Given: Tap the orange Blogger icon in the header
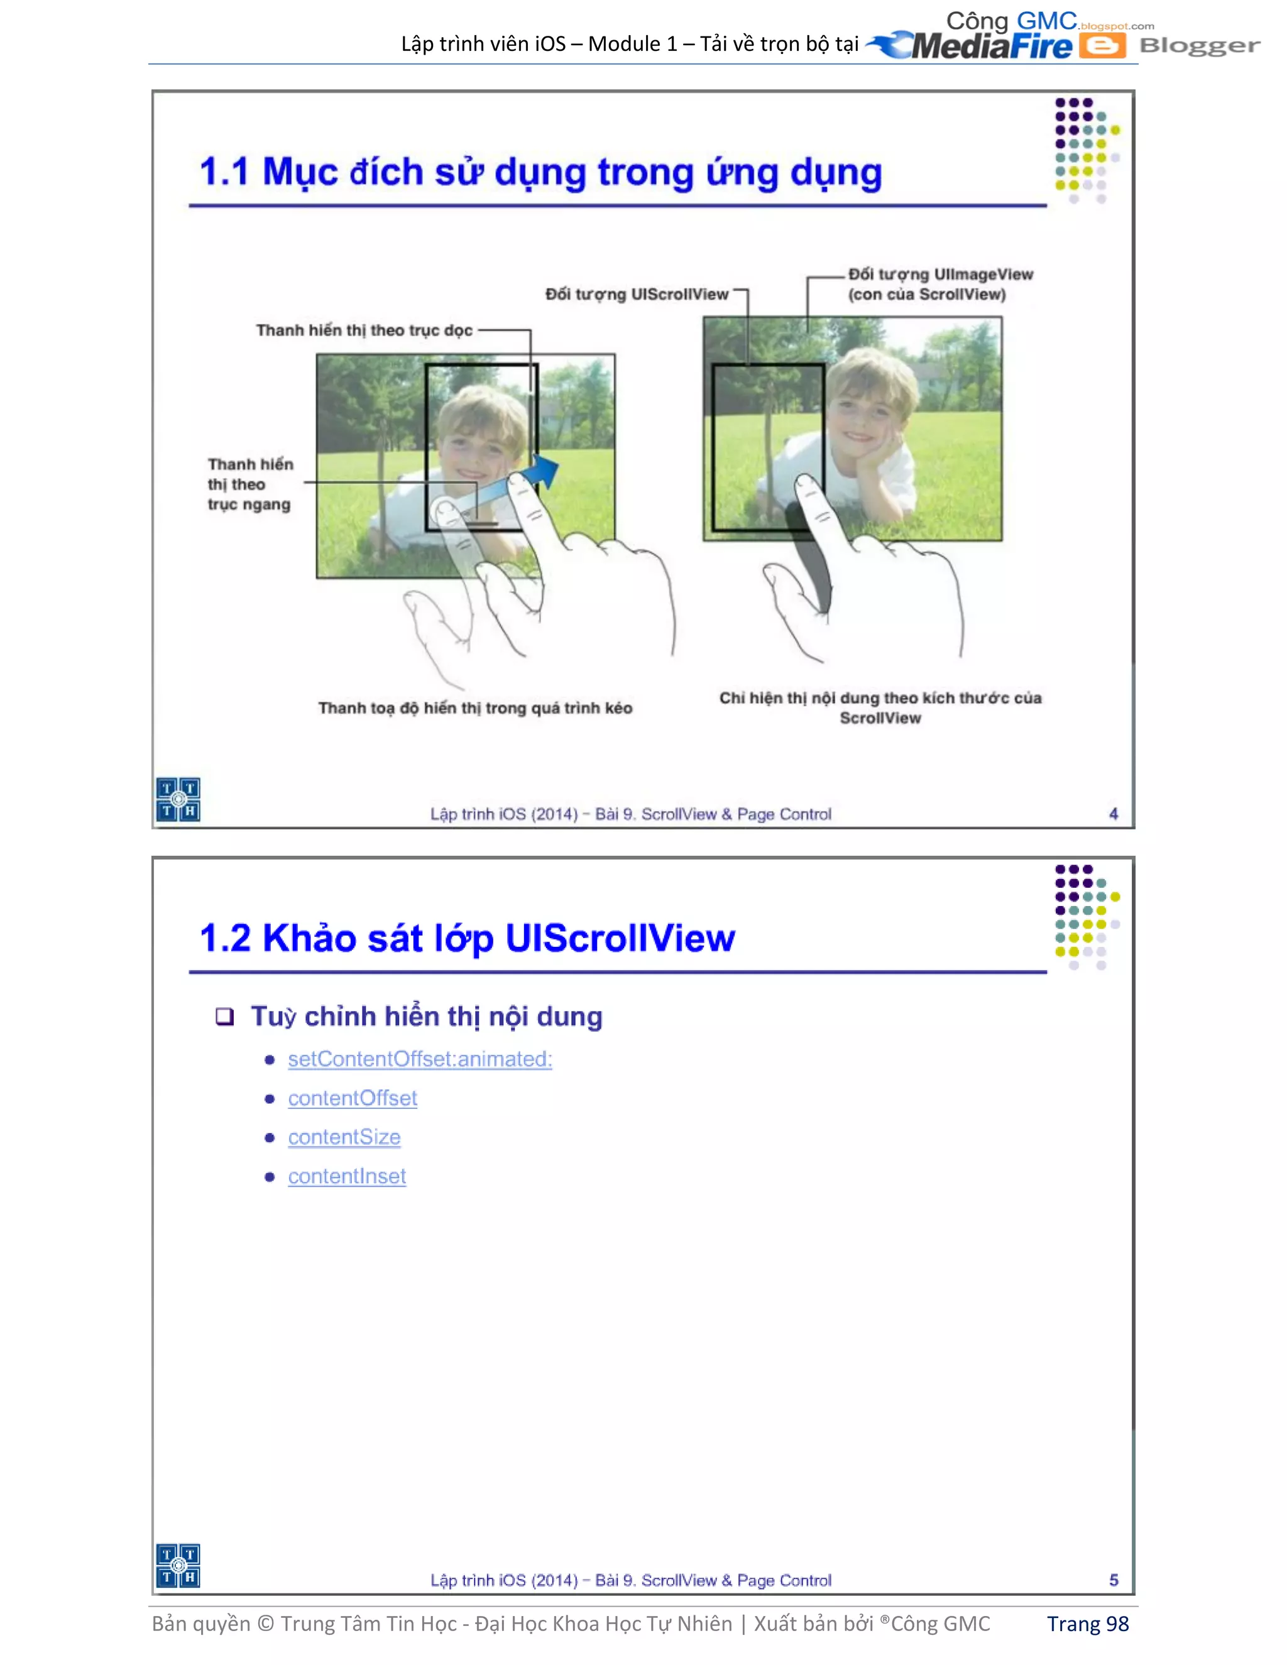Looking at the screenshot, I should [x=1102, y=46].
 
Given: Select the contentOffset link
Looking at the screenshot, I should [x=353, y=1098].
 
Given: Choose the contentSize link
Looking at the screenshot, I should [x=344, y=1137].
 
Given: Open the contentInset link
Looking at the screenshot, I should [x=347, y=1176].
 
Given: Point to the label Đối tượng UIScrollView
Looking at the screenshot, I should [x=637, y=294].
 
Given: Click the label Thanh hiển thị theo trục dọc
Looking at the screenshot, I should [x=364, y=330].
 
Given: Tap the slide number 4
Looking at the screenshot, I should [x=1113, y=814].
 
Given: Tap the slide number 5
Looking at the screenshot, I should [x=1113, y=1580].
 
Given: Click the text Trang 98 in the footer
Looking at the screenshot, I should [x=1087, y=1624].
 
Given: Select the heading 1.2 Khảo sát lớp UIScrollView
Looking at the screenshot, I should [x=467, y=937].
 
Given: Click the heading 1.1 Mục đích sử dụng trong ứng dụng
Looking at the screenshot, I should [x=540, y=172].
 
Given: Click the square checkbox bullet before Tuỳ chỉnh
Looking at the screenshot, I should [x=224, y=1016].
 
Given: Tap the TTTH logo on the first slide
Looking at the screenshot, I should [x=178, y=799].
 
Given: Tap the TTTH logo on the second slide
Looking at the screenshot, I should [x=178, y=1565].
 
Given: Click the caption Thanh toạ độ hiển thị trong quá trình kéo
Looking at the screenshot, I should [x=475, y=708].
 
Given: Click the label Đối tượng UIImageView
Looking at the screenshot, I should [x=940, y=275].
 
